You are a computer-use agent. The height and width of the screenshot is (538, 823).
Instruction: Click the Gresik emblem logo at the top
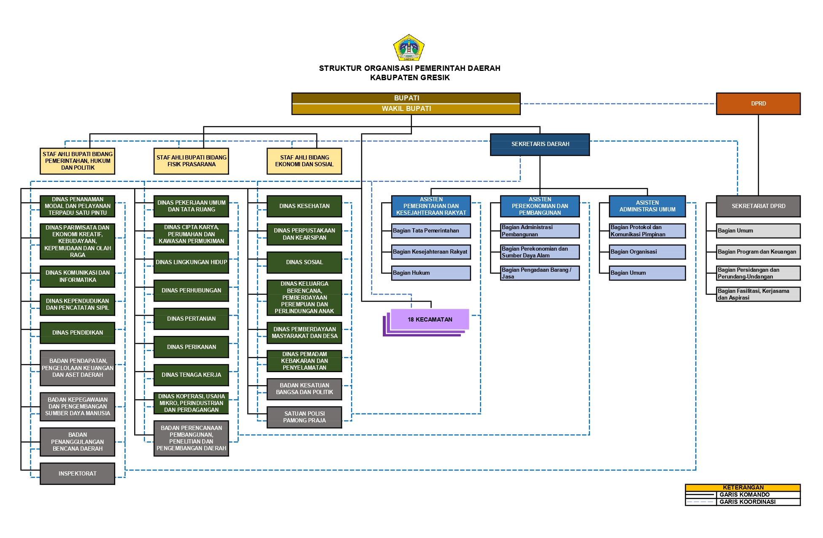pos(409,48)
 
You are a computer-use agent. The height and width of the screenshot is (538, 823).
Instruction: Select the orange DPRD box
pos(758,103)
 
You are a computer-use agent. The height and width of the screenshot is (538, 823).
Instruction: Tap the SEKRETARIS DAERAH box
pos(540,144)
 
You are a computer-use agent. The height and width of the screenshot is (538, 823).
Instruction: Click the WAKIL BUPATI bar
pos(406,109)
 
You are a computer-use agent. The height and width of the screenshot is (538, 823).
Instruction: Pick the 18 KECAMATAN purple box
pos(430,319)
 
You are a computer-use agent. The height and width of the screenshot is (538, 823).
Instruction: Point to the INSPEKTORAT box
pos(77,473)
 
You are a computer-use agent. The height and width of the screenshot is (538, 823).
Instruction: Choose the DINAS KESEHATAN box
pos(304,206)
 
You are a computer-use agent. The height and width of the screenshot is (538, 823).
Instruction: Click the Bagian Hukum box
pos(430,273)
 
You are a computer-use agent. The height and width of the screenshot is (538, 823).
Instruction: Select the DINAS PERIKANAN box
pos(191,347)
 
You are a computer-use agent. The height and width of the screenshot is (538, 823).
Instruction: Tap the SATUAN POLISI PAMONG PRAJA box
pos(304,417)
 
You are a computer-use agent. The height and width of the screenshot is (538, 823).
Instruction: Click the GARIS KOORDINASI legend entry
pos(747,502)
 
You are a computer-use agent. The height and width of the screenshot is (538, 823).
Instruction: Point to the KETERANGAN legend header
pos(743,487)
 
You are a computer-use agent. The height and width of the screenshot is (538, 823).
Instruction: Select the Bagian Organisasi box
pos(647,252)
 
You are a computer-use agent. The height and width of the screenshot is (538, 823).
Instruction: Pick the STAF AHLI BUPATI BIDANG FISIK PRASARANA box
pos(191,161)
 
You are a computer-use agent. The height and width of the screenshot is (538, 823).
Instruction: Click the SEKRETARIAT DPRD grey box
pos(758,206)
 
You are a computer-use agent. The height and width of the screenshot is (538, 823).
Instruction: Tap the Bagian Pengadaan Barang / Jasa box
pos(539,273)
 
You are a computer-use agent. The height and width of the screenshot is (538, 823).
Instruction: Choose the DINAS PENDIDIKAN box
pos(77,333)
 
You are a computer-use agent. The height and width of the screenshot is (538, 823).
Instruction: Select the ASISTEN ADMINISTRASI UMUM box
pos(647,206)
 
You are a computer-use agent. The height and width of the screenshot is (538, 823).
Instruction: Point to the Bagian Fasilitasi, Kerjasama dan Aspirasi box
pos(758,294)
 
